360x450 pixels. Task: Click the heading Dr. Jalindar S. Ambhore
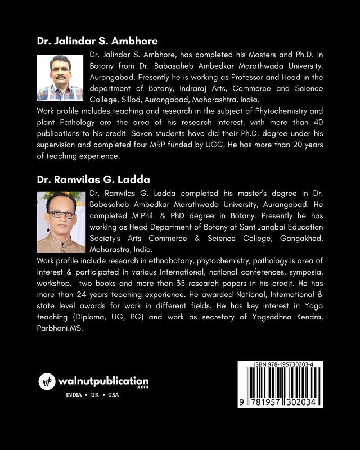click(97, 41)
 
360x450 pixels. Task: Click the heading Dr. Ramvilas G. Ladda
click(94, 180)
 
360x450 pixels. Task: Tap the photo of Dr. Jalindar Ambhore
click(60, 78)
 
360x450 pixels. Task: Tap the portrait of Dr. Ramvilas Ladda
click(60, 222)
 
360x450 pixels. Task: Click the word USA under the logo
click(113, 395)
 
